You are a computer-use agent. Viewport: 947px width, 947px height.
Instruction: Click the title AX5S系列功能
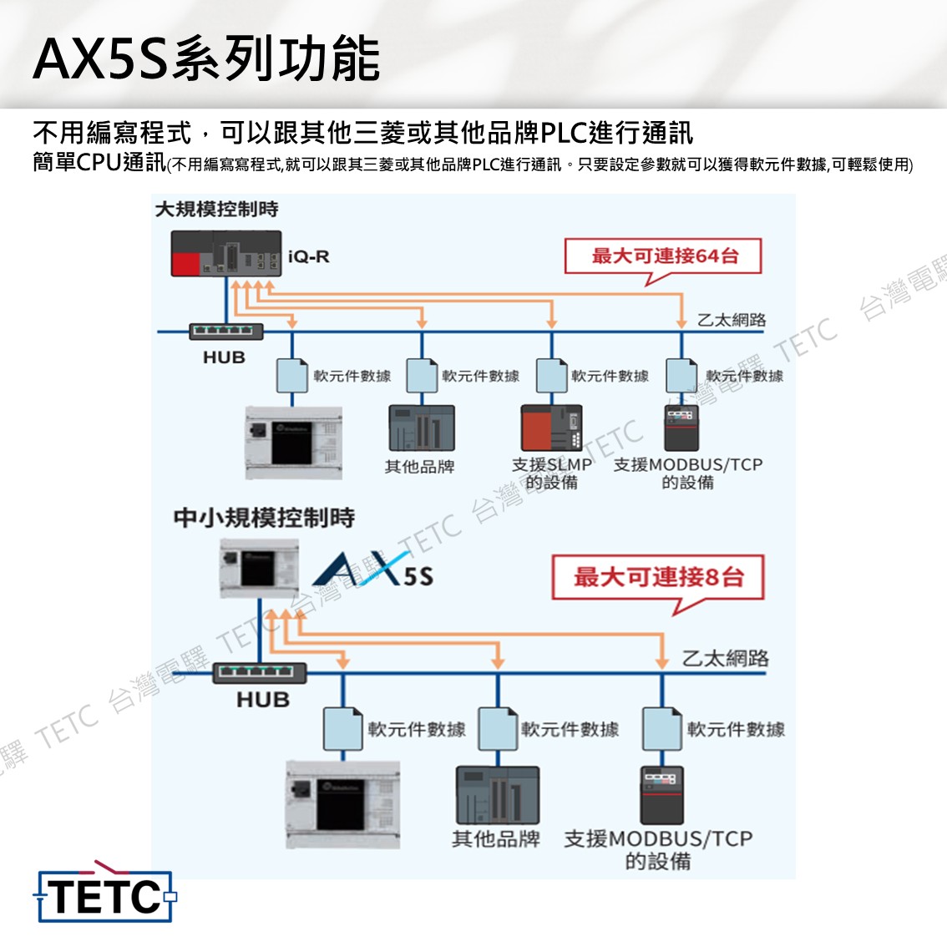click(206, 59)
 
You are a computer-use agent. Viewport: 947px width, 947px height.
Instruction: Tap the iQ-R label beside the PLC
click(308, 256)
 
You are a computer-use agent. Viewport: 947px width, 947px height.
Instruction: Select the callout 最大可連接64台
click(664, 256)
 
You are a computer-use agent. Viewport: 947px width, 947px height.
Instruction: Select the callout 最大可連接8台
click(658, 577)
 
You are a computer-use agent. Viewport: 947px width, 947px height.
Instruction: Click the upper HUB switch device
click(225, 332)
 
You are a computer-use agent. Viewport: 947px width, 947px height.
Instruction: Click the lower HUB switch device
click(261, 672)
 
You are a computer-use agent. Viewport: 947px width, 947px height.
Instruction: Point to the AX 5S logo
click(373, 571)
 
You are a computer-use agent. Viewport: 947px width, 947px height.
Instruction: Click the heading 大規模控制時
click(217, 209)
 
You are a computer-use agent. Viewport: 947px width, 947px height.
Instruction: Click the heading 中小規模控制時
click(264, 518)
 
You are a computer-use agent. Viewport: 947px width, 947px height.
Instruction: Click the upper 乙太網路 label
click(732, 320)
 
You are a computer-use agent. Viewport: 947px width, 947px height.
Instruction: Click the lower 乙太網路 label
click(725, 658)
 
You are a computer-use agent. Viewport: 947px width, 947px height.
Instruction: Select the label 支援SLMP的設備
click(552, 473)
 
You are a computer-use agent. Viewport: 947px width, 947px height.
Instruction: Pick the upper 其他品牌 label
click(419, 467)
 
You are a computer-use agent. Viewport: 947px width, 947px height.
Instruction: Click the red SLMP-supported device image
click(550, 428)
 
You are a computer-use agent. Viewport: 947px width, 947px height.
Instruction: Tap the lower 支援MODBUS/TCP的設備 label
click(659, 849)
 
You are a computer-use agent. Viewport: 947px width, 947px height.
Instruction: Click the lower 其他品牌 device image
click(497, 794)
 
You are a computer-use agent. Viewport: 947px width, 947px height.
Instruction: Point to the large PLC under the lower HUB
click(342, 804)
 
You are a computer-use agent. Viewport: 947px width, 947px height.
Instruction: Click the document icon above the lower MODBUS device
click(662, 728)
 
